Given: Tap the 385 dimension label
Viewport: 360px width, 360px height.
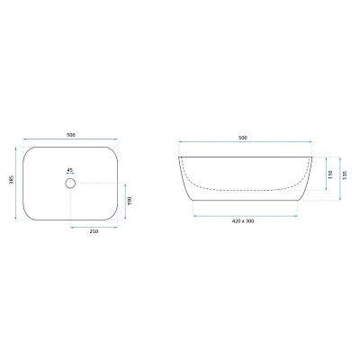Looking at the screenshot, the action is click(12, 179).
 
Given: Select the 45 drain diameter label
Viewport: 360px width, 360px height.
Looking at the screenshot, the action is click(70, 170).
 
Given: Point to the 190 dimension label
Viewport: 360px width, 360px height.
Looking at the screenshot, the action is click(130, 201).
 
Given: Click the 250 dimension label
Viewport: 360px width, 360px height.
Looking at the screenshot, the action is click(94, 231).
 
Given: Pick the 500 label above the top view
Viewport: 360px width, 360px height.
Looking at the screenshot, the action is click(71, 135).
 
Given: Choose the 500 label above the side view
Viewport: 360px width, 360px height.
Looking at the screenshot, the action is click(243, 138).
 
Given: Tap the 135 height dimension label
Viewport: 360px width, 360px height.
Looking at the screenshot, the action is click(345, 175).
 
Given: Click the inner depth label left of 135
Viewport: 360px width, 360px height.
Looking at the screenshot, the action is click(330, 175).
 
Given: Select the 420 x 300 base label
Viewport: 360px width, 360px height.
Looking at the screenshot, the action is click(243, 221).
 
